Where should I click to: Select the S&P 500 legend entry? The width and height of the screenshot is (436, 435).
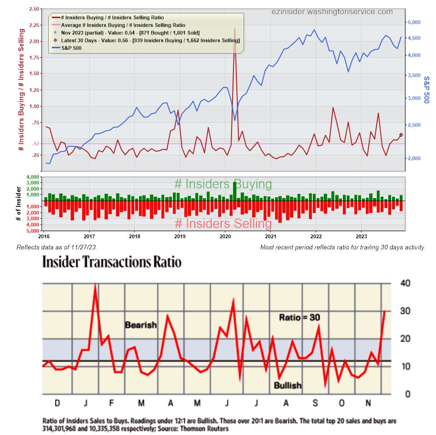pyautogui.click(x=78, y=48)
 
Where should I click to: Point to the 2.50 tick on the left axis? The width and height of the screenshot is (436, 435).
pyautogui.click(x=33, y=9)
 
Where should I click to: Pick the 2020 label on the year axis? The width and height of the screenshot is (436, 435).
pyautogui.click(x=225, y=236)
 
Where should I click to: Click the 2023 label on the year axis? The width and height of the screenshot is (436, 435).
pyautogui.click(x=362, y=236)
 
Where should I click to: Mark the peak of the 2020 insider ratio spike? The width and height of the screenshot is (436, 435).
pyautogui.click(x=234, y=29)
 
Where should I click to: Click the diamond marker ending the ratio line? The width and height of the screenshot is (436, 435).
pyautogui.click(x=401, y=135)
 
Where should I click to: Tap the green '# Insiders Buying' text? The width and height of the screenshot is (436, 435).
pyautogui.click(x=223, y=184)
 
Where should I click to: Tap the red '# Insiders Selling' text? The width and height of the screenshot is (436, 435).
pyautogui.click(x=223, y=223)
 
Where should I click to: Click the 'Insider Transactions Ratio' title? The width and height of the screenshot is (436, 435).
pyautogui.click(x=112, y=262)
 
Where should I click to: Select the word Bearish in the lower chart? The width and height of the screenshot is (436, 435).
pyautogui.click(x=141, y=325)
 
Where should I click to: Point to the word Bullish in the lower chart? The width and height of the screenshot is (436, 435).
pyautogui.click(x=287, y=385)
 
